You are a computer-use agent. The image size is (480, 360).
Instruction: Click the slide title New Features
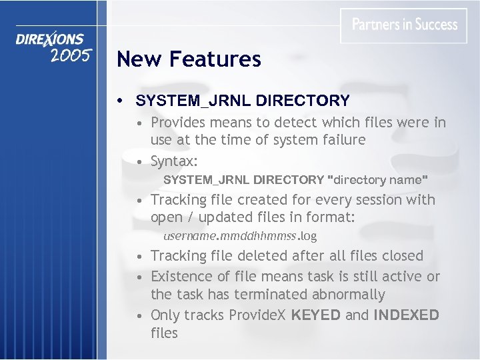coord(189,59)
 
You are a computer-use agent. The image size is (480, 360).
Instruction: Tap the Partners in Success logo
coord(405,25)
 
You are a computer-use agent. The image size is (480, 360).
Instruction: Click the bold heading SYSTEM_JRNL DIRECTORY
coord(243,101)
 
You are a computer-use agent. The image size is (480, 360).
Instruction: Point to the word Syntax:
coord(175,161)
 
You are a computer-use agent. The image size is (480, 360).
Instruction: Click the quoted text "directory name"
coord(379,179)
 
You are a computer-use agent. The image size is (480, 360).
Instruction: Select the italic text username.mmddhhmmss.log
coord(240,235)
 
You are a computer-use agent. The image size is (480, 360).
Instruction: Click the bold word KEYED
coord(317,315)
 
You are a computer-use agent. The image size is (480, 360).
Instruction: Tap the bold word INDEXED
coord(406,315)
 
